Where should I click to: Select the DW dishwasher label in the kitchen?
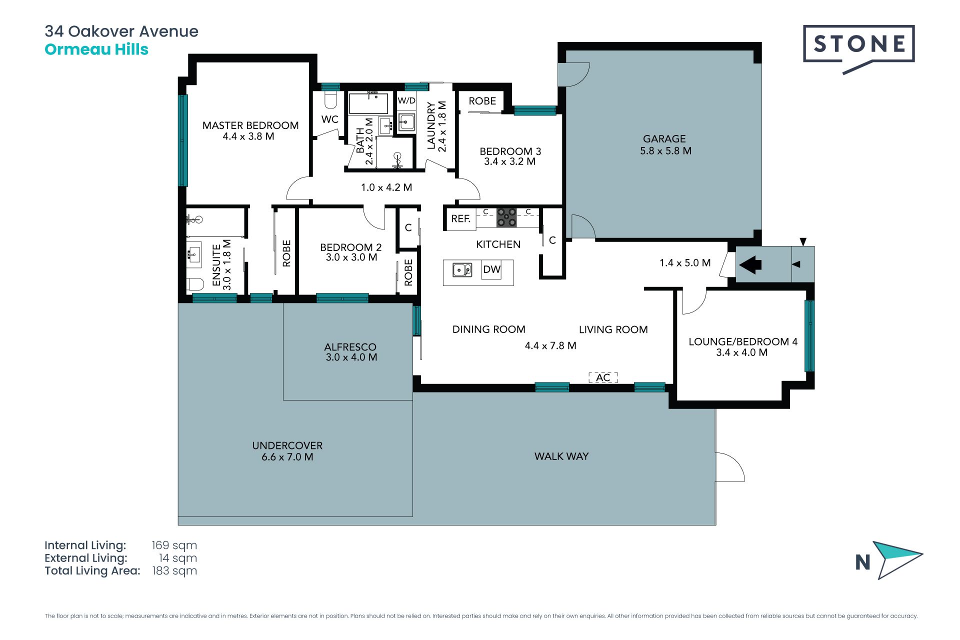pos(491,269)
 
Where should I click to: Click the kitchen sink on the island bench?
pos(462,270)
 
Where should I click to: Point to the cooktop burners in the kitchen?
pos(506,217)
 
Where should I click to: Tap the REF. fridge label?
pos(461,218)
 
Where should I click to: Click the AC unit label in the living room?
pos(603,377)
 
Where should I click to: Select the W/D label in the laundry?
pos(406,100)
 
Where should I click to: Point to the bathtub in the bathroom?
pos(368,103)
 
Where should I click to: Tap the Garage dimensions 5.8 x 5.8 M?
pos(665,151)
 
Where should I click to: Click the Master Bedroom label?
pos(250,125)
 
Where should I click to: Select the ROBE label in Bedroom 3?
pos(482,101)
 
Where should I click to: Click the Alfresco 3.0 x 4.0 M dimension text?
pos(351,357)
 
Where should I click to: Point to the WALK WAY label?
pos(561,456)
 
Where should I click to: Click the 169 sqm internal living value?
pos(174,545)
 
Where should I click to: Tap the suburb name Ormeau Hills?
pos(96,49)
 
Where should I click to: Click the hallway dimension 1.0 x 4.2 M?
pos(386,187)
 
